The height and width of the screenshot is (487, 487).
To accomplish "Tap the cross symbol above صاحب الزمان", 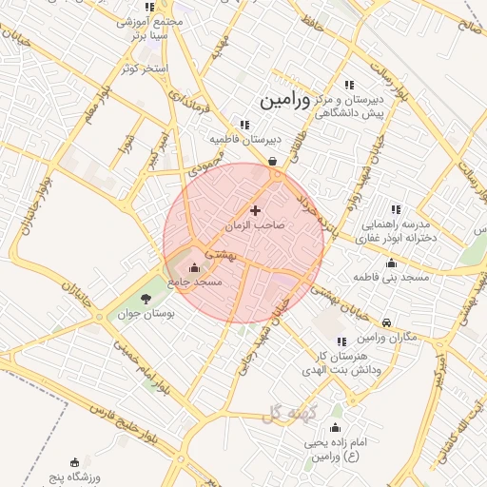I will pyautogui.click(x=255, y=210).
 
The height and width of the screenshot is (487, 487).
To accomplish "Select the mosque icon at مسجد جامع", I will pyautogui.click(x=195, y=268).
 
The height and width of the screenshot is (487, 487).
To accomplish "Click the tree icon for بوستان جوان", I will pyautogui.click(x=145, y=299).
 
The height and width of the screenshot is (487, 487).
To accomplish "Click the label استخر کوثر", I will pyautogui.click(x=145, y=68).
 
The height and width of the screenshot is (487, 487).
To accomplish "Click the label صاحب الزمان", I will pyautogui.click(x=255, y=226).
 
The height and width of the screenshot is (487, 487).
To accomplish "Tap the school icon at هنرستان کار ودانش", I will pyautogui.click(x=341, y=341).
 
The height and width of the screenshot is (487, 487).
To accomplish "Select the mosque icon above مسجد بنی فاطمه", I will pyautogui.click(x=391, y=263).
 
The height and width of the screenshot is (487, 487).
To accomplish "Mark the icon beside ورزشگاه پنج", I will pyautogui.click(x=75, y=462).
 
